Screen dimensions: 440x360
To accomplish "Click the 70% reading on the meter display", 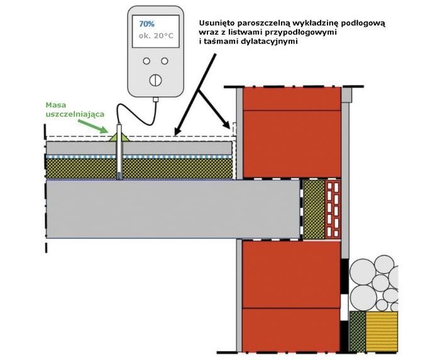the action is click(x=146, y=24).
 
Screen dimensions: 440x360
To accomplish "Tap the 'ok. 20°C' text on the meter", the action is click(x=156, y=36).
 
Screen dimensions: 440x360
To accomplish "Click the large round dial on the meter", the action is click(x=155, y=80).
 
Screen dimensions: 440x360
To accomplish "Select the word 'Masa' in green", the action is click(x=56, y=105).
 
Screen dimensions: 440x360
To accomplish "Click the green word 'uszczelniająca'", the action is click(x=75, y=114).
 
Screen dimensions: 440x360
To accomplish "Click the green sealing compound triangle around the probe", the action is click(x=119, y=137).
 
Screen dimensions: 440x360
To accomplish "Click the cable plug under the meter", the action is click(x=156, y=99).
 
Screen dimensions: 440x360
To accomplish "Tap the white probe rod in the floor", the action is click(x=119, y=151).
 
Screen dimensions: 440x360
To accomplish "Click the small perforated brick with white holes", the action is click(x=333, y=209).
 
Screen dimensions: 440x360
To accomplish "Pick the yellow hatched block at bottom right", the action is click(x=382, y=331).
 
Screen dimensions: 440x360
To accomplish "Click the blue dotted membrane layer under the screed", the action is click(x=139, y=156).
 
